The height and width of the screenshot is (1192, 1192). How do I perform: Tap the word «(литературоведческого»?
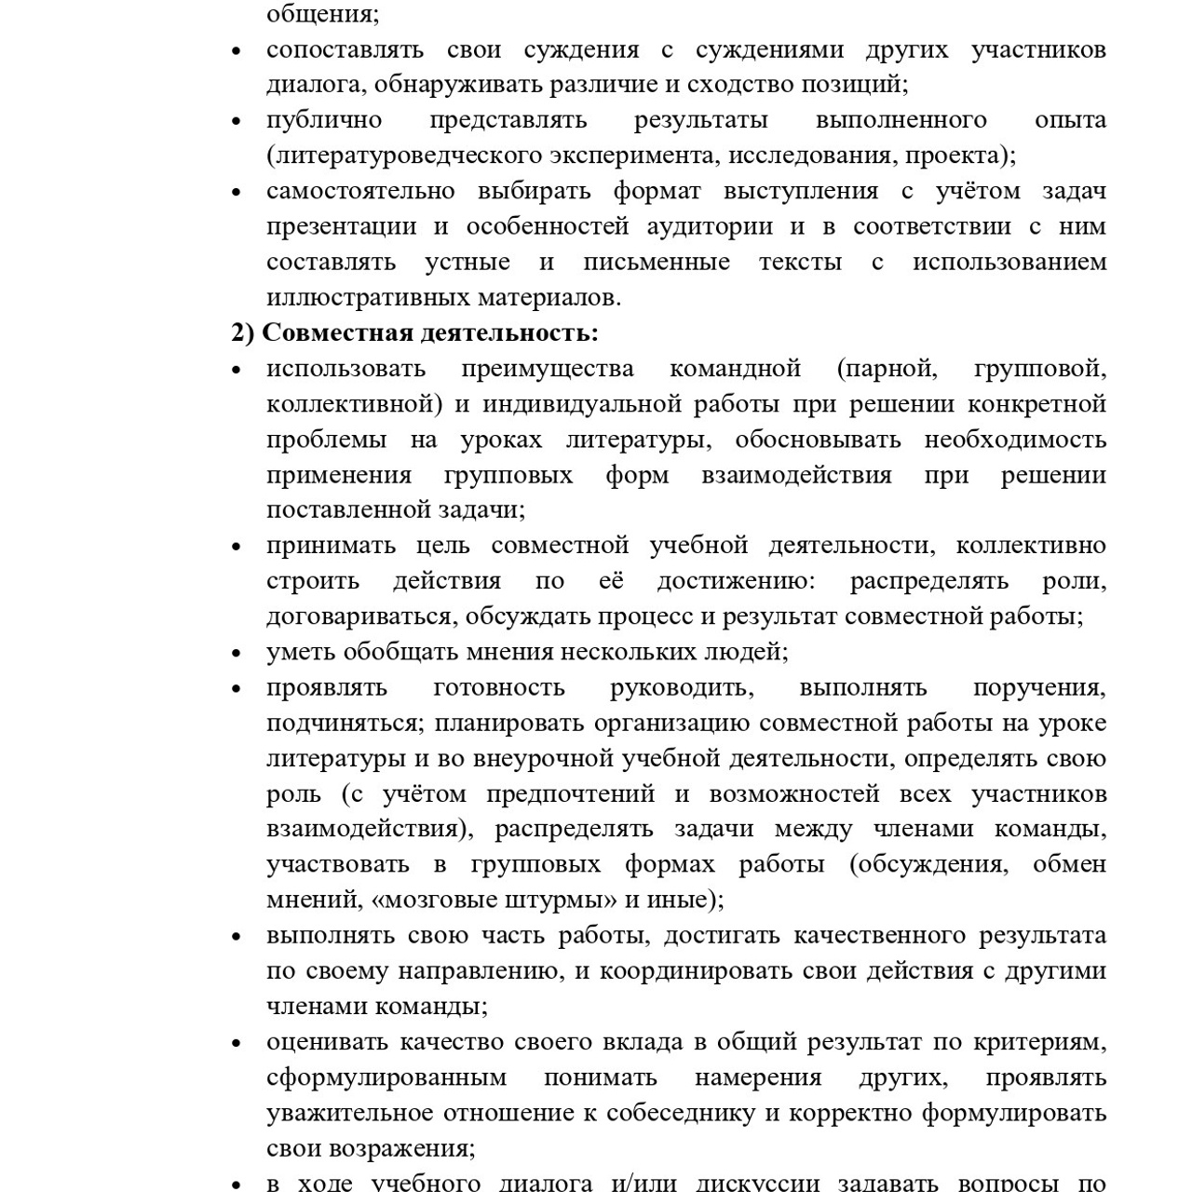tap(406, 156)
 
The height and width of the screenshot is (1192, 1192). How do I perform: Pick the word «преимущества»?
tap(547, 370)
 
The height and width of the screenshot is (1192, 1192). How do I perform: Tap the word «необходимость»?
tap(1015, 440)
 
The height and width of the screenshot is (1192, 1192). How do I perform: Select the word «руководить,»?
tap(682, 688)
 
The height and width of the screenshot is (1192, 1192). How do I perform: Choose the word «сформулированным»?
tap(386, 1078)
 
